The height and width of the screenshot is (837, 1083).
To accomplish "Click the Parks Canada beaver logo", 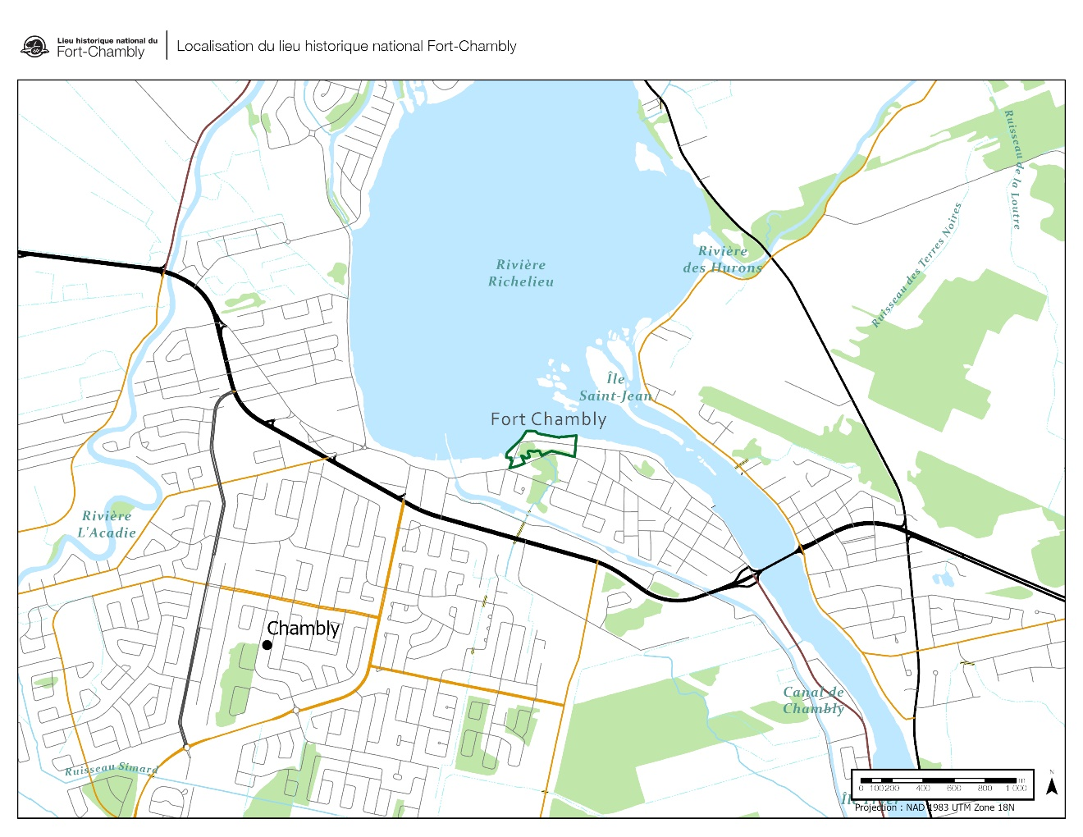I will tap(34, 47).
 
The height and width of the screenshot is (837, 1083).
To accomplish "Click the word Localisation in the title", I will tap(214, 47).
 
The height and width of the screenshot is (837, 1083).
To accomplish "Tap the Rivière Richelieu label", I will tap(521, 273).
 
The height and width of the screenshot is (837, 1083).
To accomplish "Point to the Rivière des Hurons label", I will tap(722, 259).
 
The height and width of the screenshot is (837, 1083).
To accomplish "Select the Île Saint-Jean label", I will tap(615, 387).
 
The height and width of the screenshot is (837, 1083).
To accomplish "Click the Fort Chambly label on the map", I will tap(548, 419).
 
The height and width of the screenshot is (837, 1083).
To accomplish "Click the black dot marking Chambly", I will tap(267, 645).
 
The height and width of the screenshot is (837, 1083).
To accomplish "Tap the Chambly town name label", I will tap(304, 629).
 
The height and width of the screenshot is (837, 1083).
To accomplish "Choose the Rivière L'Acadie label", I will tap(107, 524).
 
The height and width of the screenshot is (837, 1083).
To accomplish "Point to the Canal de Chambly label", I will tap(813, 701).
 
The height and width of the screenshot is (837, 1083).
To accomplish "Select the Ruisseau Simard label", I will tap(112, 769).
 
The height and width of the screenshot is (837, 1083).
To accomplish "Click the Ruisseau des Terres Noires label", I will tap(916, 265).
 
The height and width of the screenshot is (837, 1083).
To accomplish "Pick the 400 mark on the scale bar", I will tap(923, 789).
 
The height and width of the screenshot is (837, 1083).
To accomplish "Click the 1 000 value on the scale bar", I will tap(1016, 789).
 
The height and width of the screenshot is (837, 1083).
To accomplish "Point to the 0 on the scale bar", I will tap(861, 789).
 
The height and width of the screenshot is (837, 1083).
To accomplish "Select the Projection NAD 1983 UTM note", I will tap(934, 807).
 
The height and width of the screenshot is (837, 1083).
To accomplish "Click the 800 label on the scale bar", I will tap(985, 789).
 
